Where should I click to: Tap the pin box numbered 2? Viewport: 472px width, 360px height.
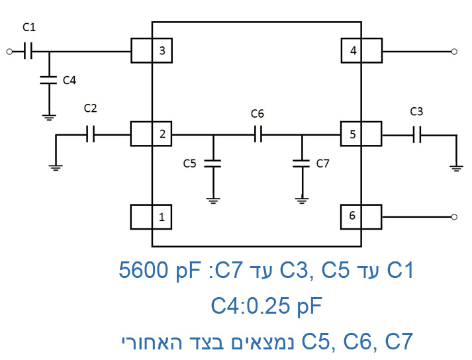[152, 134]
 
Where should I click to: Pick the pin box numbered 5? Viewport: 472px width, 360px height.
[361, 134]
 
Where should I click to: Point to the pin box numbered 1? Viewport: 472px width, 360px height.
[152, 216]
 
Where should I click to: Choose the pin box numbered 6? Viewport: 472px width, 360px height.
[361, 216]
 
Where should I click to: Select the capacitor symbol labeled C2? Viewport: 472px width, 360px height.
[91, 134]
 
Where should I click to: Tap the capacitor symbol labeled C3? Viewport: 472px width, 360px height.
[416, 134]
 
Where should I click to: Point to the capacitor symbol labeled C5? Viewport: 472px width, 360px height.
[212, 163]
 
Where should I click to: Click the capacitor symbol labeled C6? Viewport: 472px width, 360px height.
[258, 134]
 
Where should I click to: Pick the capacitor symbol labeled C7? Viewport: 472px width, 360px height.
[302, 163]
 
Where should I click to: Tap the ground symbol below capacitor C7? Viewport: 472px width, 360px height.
[302, 199]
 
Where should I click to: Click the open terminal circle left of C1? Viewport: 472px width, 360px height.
[9, 51]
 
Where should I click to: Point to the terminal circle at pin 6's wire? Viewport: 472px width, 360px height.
[453, 216]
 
